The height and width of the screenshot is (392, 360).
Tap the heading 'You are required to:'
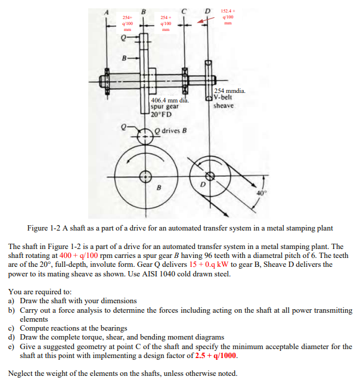39,292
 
